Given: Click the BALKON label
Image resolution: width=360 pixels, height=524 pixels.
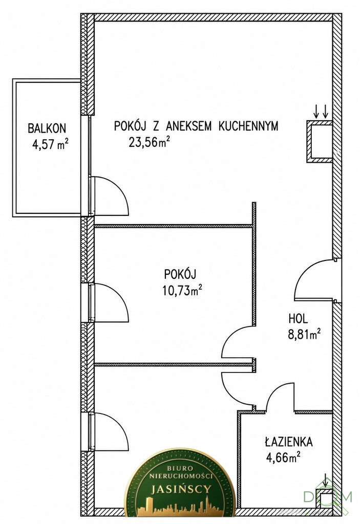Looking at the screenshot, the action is coord(47,128).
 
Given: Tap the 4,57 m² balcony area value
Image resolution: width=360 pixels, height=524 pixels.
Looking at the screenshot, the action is coord(51,145).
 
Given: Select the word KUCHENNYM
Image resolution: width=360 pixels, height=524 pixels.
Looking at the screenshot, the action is coord(248,126).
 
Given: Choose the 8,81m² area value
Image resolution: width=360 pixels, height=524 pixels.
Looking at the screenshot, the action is coord(305,334).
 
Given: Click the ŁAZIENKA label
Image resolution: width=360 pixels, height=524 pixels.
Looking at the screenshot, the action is coord(289,442).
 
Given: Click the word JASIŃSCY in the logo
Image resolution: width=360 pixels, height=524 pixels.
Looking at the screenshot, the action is coord(181,490).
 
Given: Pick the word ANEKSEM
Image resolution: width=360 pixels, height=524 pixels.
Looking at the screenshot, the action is coord(189,126).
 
